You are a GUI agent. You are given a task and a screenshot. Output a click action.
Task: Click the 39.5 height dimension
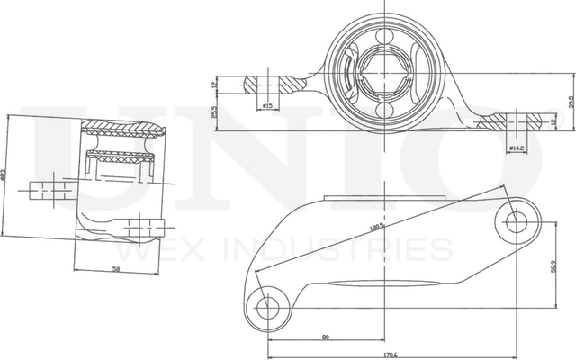pos(571,102)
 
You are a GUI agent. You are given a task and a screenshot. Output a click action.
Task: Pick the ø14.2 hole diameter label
pos(517,147)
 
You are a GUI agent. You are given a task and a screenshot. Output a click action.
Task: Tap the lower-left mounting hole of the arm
pos(266,307)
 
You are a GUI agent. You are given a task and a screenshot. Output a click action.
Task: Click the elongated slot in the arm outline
pos(378,285)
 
